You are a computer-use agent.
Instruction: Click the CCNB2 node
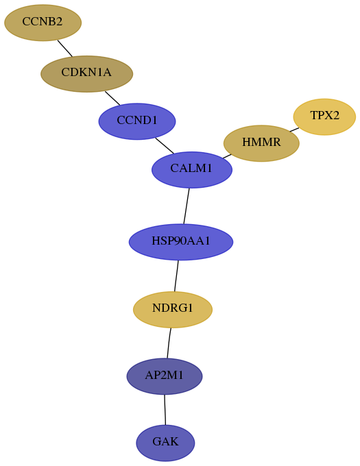(43, 23)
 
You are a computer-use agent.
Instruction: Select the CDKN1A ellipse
(87, 74)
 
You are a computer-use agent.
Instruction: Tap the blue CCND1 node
(137, 121)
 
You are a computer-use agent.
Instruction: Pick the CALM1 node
(192, 170)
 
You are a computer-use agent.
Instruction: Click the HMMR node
(261, 143)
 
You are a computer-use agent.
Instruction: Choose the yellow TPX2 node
(324, 116)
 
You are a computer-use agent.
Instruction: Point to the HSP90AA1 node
(181, 242)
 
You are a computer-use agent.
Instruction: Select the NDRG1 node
(173, 310)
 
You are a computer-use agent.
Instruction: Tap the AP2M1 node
(165, 376)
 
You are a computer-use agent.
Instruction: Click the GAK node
(165, 443)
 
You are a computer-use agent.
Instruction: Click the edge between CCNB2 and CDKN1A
(65, 48)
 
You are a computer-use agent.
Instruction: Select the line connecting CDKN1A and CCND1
(112, 98)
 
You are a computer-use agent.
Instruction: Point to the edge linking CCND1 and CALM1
(165, 145)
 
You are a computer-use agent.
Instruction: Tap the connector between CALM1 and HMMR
(227, 156)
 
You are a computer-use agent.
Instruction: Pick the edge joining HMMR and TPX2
(294, 130)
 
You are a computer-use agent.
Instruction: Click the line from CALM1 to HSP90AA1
(187, 206)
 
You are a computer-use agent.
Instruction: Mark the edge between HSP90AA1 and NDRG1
(176, 276)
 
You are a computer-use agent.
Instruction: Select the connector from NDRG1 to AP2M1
(169, 343)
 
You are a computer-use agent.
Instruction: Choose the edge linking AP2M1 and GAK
(165, 410)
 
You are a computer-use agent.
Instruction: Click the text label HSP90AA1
(181, 241)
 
